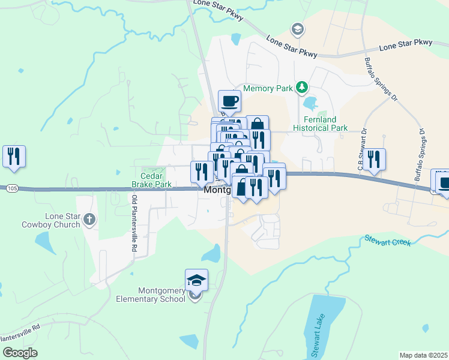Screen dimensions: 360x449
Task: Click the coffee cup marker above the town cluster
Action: [229, 100]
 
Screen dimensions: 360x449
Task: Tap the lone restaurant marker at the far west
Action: [14, 156]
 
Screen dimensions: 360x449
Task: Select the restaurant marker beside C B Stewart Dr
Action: [374, 160]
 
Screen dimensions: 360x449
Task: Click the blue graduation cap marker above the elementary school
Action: [196, 280]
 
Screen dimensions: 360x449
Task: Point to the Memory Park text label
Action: [268, 88]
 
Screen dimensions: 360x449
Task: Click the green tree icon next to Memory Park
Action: [303, 88]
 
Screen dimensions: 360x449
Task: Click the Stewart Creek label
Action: [388, 240]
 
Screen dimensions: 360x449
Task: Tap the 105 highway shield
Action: [13, 188]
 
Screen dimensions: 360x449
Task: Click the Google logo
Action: [20, 352]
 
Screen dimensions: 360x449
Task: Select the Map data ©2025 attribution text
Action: [424, 355]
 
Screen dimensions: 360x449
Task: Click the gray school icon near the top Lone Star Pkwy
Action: [297, 28]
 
